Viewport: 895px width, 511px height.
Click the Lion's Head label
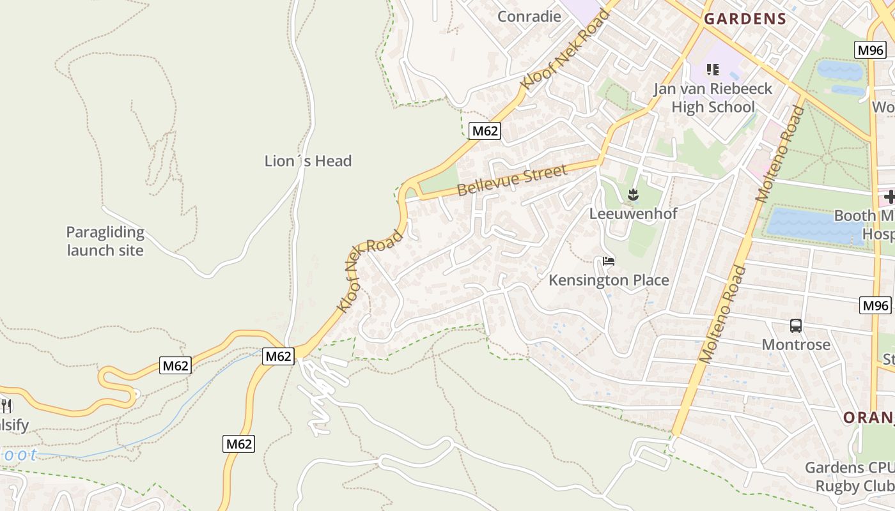pos(308,161)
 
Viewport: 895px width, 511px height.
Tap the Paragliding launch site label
pos(105,241)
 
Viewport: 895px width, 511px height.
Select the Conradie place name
pos(529,16)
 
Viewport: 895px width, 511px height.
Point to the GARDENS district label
pos(745,19)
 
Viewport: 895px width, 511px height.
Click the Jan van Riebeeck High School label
pos(713,98)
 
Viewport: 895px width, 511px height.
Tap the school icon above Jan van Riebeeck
pos(713,69)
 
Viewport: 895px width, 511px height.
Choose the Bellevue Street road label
pos(512,180)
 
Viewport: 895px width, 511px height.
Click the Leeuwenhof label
pos(633,213)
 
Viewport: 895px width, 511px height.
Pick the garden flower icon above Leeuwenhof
pos(633,195)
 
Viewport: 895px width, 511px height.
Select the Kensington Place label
pos(609,280)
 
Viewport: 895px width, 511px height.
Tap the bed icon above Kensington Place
pos(609,261)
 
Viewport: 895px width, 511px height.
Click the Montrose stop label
pos(796,345)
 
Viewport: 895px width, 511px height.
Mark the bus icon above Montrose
pos(796,326)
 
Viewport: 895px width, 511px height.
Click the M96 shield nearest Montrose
pos(875,305)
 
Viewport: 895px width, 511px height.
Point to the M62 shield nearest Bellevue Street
pos(485,132)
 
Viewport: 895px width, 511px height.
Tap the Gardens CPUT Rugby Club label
pos(849,477)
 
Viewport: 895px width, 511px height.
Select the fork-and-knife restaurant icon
pos(6,405)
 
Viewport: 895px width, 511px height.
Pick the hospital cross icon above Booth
pos(889,197)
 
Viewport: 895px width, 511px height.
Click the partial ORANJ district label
pos(868,418)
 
